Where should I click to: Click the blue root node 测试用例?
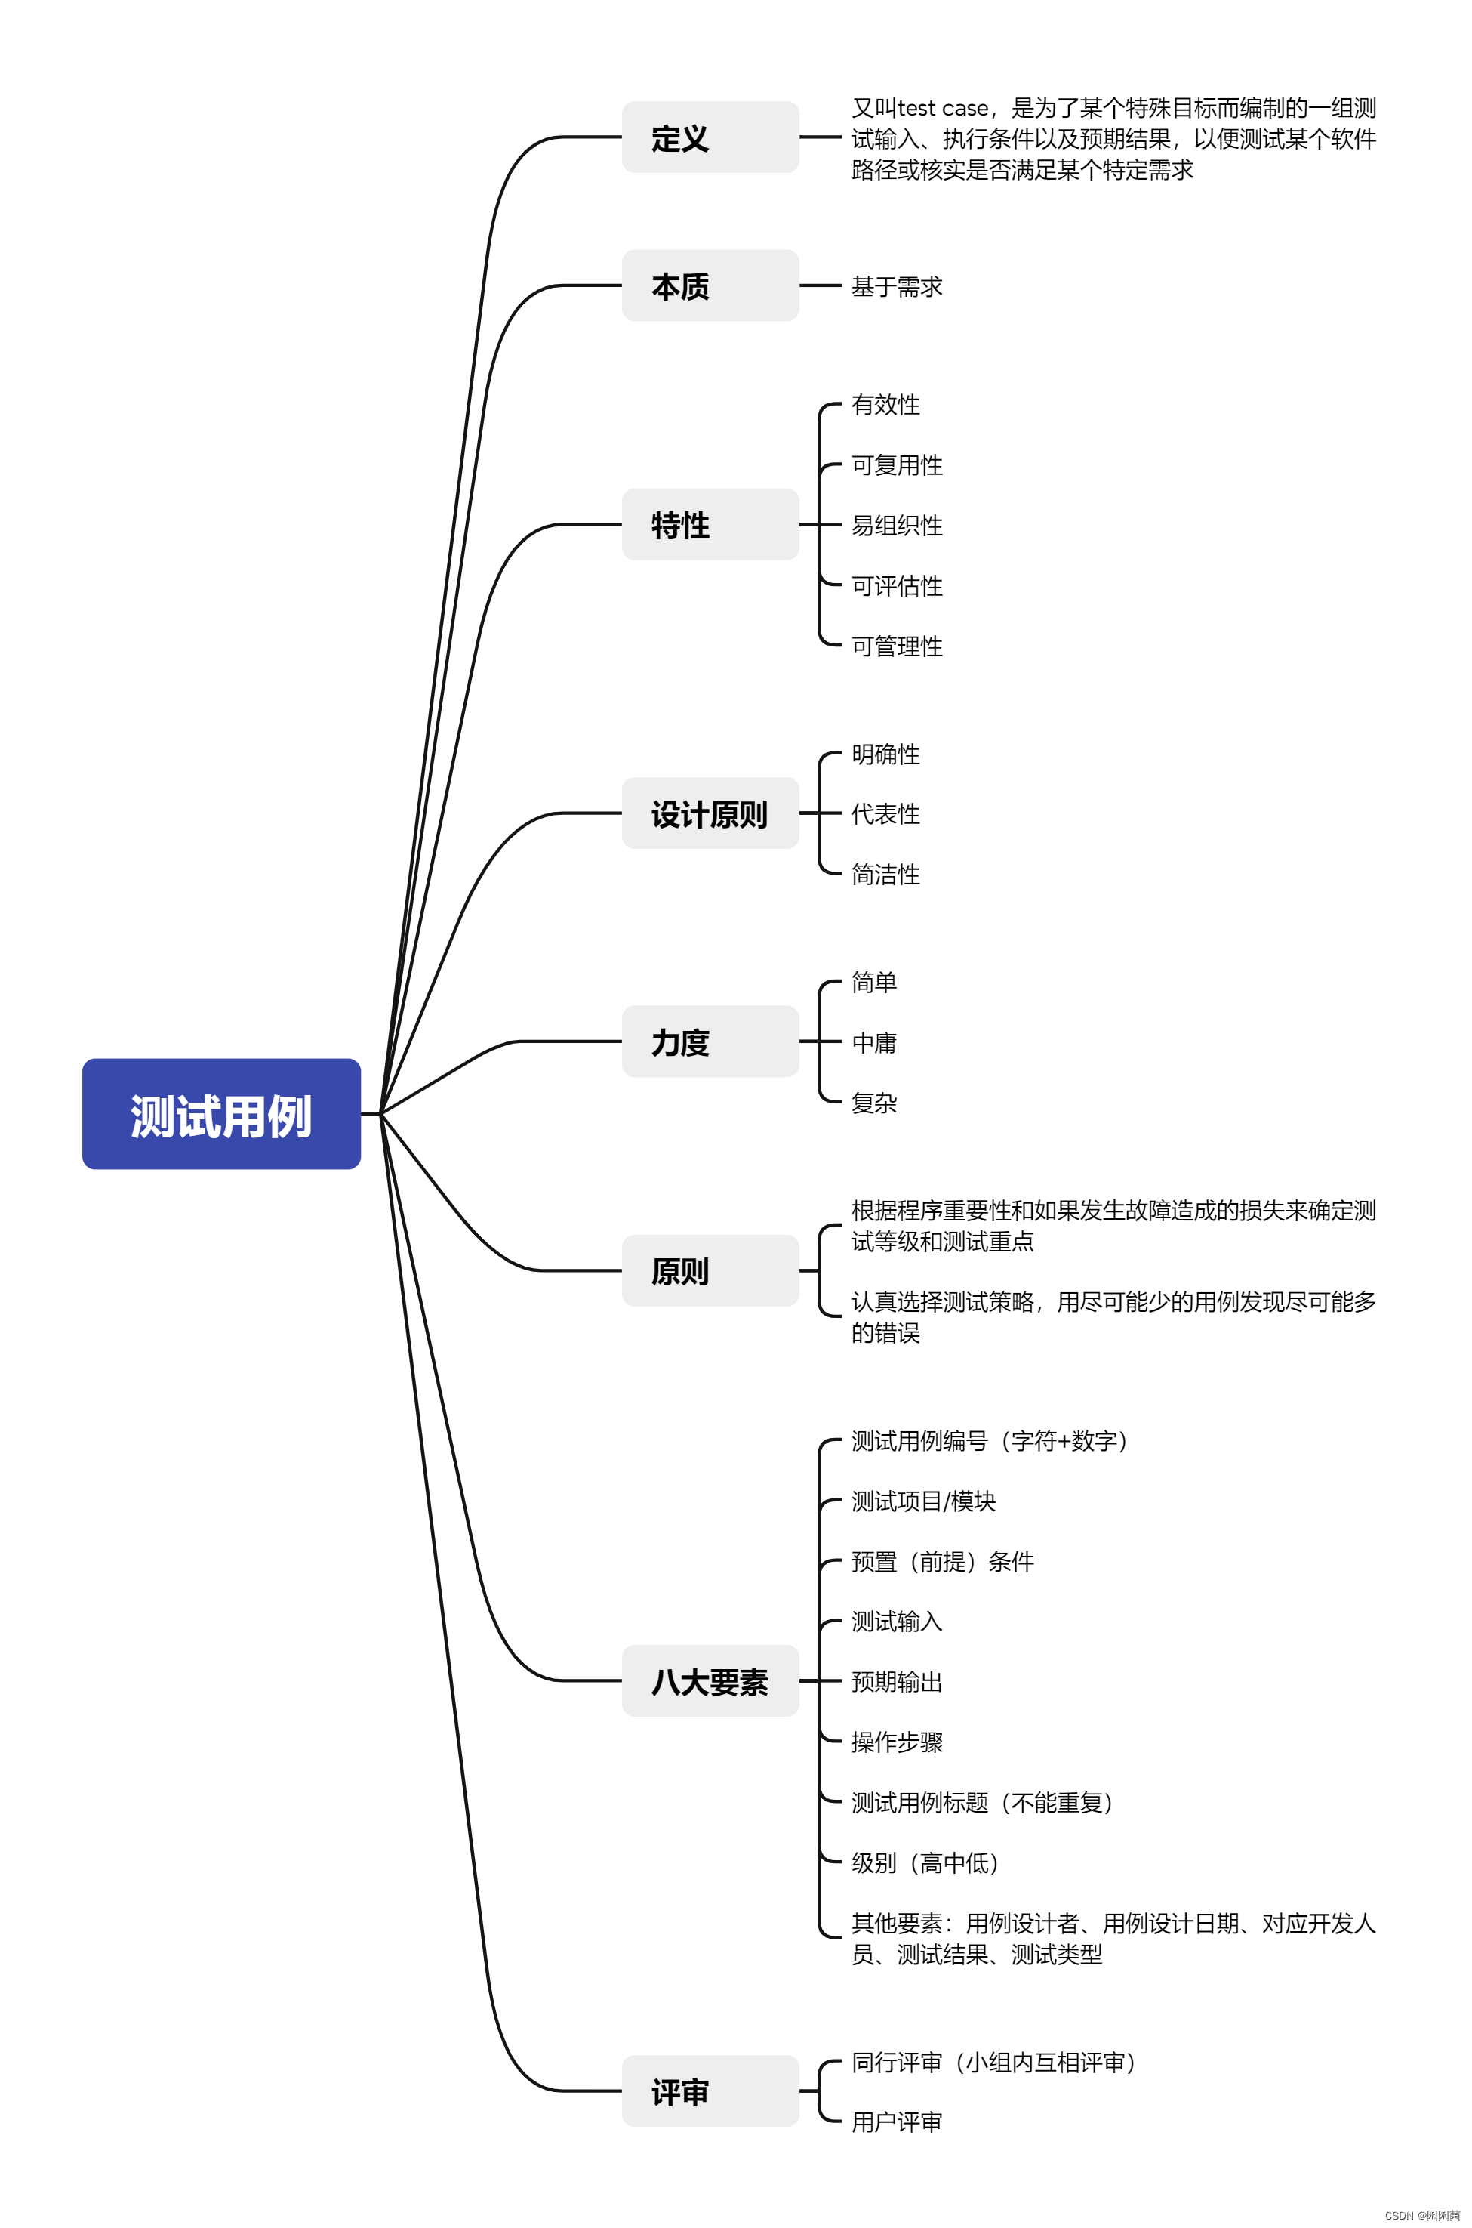221,1114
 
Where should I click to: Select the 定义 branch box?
710,137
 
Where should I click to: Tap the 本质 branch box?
710,285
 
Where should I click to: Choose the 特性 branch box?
710,524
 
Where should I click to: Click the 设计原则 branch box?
710,813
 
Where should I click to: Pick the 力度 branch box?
710,1041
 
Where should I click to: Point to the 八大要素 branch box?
710,1681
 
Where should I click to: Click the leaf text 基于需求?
897,286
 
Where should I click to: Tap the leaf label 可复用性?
897,465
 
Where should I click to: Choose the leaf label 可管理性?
897,646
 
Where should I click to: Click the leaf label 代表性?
885,814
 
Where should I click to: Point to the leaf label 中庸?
874,1042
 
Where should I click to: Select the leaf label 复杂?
874,1103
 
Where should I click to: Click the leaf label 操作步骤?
897,1742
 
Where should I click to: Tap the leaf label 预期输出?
897,1682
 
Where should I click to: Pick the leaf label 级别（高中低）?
925,1862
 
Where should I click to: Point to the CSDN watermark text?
1421,2215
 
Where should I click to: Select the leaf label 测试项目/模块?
922,1501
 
